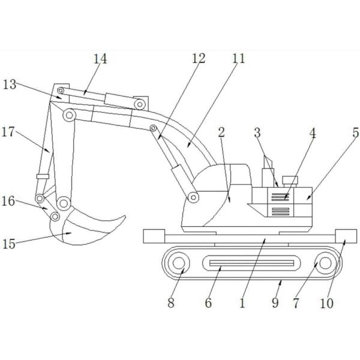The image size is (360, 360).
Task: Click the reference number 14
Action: pos(100,59)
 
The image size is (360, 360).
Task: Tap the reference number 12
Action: pos(199,59)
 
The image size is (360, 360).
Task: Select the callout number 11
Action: pos(239,59)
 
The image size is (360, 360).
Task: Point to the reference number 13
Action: pos(10,83)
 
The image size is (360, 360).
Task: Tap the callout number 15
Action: pos(10,244)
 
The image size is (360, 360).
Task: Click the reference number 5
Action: pos(355,133)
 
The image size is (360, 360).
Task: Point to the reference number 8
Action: pos(171,303)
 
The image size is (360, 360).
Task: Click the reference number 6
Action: pos(208,303)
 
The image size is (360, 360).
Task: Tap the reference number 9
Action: pos(275,303)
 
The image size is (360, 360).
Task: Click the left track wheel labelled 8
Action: pos(179,263)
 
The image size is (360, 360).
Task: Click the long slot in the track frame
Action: pos(252,262)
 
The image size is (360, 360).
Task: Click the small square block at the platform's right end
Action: pos(346,236)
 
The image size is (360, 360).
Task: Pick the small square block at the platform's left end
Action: pos(154,236)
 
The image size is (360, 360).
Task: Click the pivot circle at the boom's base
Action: pos(193,197)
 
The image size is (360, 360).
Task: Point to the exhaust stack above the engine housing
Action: pos(266,166)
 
